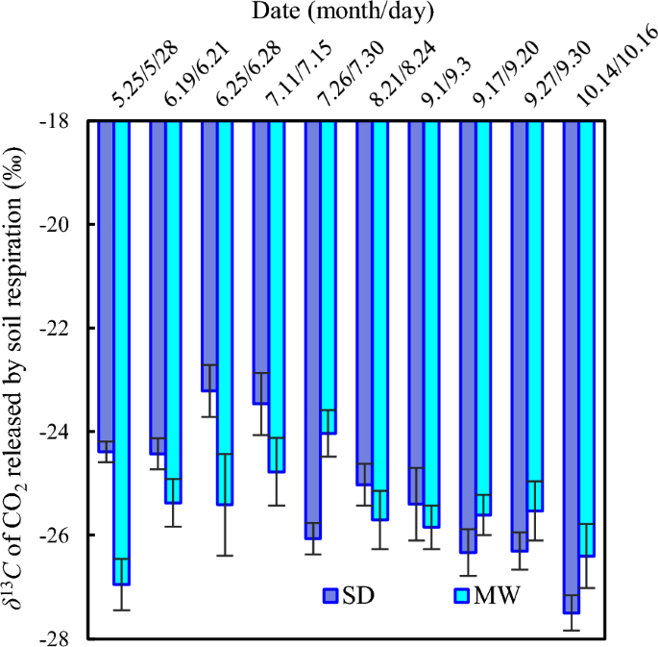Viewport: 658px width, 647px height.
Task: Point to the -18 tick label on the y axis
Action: [69, 121]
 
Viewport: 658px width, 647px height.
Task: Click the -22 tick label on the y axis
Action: [69, 328]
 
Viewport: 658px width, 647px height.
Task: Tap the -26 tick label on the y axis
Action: [69, 535]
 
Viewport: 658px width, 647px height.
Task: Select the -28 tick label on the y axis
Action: [69, 637]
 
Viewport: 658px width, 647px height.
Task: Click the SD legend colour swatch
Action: [331, 595]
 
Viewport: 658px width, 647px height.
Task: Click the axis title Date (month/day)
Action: [343, 12]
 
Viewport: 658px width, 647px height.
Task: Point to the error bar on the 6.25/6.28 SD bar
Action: [208, 390]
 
